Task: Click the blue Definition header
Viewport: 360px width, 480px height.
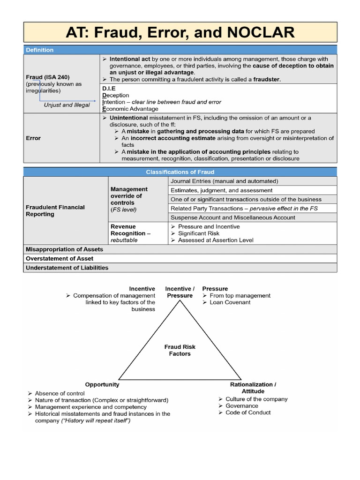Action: tap(40, 50)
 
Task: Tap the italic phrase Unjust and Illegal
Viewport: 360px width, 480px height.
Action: tap(67, 105)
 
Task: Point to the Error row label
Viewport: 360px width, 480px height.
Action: tap(33, 138)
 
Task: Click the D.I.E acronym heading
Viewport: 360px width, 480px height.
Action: tap(109, 88)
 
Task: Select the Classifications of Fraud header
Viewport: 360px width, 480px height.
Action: tap(180, 172)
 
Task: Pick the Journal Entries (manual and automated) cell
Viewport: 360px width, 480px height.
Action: tap(224, 181)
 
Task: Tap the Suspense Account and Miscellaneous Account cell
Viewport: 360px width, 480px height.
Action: tap(233, 217)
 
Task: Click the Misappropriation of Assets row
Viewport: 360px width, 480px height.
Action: tap(64, 249)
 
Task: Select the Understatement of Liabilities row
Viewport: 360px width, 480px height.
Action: tap(67, 268)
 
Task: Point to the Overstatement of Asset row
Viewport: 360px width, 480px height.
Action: tap(60, 258)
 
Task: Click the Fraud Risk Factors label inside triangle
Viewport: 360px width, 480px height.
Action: tap(180, 350)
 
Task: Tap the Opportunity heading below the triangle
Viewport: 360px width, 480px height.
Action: tap(102, 384)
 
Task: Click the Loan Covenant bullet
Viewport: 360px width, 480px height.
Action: tap(230, 302)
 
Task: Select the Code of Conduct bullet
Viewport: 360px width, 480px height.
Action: tap(248, 412)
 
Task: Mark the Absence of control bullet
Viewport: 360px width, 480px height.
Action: tap(60, 393)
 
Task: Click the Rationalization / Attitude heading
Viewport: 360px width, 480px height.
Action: tap(253, 388)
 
